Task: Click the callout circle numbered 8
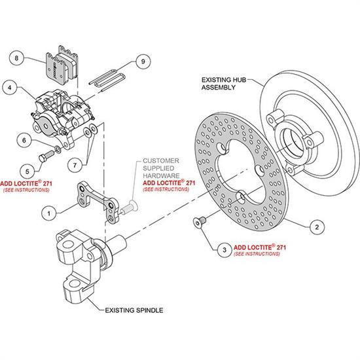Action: point(16,58)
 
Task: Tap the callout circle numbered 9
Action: point(143,62)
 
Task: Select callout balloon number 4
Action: point(10,88)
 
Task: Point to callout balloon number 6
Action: point(24,140)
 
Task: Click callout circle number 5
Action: point(27,171)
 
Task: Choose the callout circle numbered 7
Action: point(75,165)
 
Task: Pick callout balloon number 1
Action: point(48,213)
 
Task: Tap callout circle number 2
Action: point(317,227)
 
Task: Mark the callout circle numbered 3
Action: point(225,250)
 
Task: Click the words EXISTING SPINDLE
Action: point(134,310)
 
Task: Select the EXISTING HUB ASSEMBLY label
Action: point(224,84)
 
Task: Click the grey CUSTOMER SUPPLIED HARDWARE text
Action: point(161,168)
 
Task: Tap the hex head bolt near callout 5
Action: point(46,156)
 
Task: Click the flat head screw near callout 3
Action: point(200,222)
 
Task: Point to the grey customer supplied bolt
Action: point(129,207)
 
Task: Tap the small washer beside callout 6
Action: point(58,150)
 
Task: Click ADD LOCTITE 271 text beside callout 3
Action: point(260,247)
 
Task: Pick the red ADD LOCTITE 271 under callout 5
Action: point(26,183)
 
